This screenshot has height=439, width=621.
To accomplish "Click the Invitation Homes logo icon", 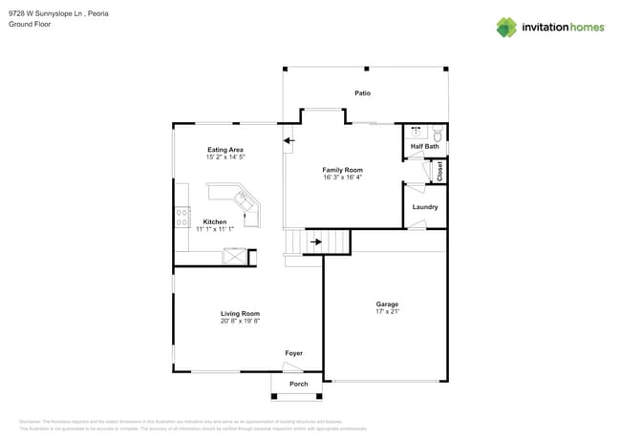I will click(506, 27).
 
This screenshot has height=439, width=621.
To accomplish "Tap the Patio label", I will click(362, 93).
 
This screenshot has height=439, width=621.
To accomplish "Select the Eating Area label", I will click(225, 149).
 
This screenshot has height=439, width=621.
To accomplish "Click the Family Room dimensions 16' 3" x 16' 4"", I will click(342, 178).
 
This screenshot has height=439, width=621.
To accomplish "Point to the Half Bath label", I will click(425, 146).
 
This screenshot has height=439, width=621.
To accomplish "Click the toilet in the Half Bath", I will click(438, 133).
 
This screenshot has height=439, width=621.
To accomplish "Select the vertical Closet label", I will click(440, 171).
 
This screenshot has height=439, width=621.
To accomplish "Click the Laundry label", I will click(425, 206).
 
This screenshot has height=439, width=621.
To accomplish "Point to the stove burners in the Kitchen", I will click(180, 218).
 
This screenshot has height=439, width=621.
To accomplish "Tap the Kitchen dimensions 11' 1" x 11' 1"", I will click(215, 229).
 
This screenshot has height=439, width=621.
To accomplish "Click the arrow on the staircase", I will click(316, 241).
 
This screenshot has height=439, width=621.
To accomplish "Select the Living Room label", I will click(240, 313).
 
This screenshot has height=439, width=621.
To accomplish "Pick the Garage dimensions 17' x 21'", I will click(387, 311).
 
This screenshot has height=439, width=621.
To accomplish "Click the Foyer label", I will click(294, 353).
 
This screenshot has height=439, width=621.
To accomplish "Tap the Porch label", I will click(299, 384).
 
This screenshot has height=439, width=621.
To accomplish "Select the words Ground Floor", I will click(30, 24).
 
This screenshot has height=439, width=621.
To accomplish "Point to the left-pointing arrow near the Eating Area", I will click(289, 141).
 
